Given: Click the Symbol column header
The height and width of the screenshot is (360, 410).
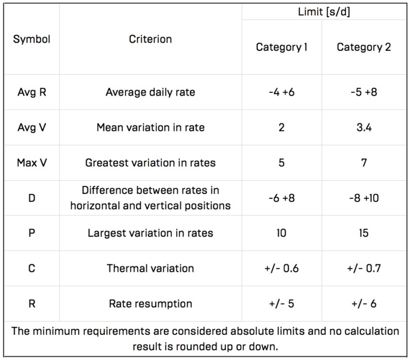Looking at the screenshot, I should pos(31,40).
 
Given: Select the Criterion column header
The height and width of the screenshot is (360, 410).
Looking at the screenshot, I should pos(150,40).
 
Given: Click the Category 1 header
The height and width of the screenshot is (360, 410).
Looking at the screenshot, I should pos(281,47).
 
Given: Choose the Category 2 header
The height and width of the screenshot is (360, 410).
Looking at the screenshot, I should pos(364,47).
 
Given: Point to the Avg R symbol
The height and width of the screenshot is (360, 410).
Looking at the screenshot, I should pos(31,92).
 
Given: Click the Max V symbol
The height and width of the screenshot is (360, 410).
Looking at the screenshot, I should pos(31,162).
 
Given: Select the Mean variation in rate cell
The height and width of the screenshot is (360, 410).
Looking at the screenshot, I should pos(150,127).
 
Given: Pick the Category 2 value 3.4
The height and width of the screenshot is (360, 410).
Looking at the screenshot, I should pos(364,127).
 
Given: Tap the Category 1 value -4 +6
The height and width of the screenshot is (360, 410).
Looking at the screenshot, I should pos(281,92).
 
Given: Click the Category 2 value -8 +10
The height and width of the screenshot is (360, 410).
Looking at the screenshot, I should pos(364,198).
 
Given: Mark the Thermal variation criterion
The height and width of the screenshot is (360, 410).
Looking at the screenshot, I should pos(150,268).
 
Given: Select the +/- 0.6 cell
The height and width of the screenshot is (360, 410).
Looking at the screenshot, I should pos(281,268).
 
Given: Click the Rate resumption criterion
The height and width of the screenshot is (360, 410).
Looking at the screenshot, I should pos(150,303).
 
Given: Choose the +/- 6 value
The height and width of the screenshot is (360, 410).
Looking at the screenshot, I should pos(364,303).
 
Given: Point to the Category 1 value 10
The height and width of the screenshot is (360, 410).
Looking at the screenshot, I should pos(281,233).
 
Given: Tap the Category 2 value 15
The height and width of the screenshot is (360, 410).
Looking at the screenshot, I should pos(364,233).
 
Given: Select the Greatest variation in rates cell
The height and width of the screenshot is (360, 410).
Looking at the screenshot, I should pos(150,162).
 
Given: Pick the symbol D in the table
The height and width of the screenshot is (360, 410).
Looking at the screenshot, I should pos(31,198).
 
